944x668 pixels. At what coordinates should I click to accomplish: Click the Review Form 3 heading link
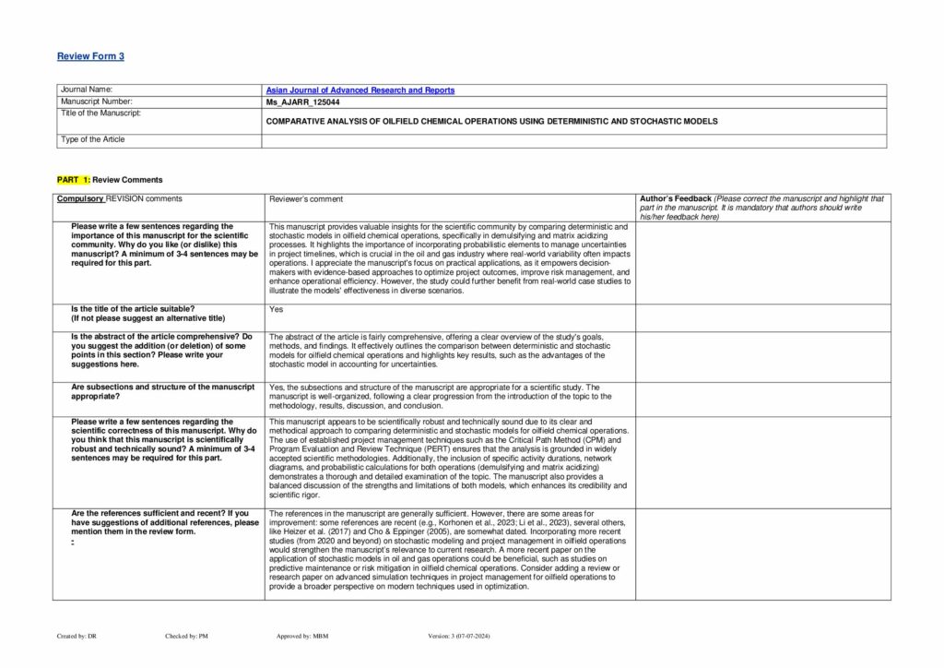click(x=90, y=56)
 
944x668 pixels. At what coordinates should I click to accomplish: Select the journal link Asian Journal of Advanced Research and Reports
click(x=360, y=90)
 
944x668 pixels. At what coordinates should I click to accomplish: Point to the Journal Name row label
click(x=86, y=90)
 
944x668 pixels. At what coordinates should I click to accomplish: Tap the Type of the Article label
click(x=92, y=139)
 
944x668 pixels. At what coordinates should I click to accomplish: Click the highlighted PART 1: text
click(x=73, y=180)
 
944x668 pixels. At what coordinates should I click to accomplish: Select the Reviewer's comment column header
click(x=306, y=199)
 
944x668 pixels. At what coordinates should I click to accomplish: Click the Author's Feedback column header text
click(x=676, y=198)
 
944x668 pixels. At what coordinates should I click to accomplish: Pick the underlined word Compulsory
click(x=80, y=198)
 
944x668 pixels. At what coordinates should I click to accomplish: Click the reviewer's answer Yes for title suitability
click(x=276, y=309)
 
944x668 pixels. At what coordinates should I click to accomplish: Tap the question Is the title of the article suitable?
click(x=133, y=308)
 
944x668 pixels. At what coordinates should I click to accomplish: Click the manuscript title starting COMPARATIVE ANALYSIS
click(x=490, y=121)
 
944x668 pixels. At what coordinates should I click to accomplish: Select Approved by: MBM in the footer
click(x=301, y=637)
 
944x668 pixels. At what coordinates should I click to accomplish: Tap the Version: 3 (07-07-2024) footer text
click(x=466, y=637)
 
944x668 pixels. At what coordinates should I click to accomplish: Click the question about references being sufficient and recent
click(x=164, y=518)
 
